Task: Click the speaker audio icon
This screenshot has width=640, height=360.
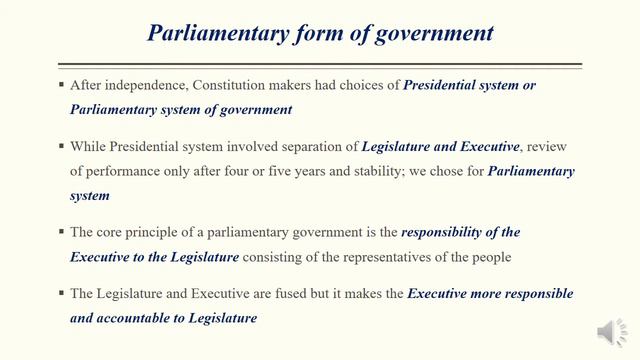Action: [x=609, y=331]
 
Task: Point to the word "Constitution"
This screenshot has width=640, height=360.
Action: [x=231, y=86]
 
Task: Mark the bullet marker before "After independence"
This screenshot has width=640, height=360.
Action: [x=61, y=86]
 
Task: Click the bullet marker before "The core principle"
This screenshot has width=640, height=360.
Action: [x=61, y=232]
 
